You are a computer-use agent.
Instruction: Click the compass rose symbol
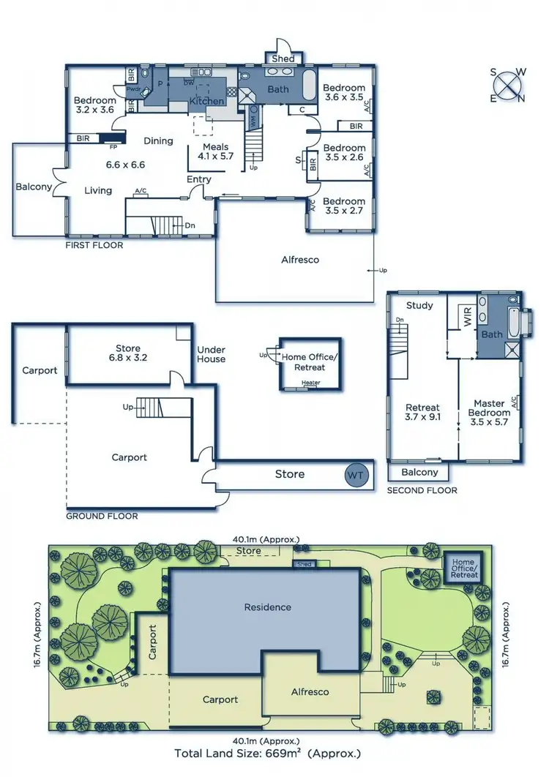point(507,85)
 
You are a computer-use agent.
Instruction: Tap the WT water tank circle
point(356,475)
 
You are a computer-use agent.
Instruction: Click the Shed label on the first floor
point(283,59)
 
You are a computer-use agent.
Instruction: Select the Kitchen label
point(206,101)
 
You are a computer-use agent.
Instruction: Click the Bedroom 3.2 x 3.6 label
point(94,105)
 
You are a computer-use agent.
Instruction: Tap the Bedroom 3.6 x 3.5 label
point(344,92)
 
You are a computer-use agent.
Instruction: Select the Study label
point(419,305)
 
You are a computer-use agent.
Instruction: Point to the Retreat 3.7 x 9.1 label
point(422,413)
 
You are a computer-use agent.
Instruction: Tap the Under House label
point(211,354)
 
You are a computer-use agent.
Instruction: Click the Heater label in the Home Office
point(311,383)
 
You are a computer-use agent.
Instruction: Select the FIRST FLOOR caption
point(94,246)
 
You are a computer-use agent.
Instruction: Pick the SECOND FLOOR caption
point(422,490)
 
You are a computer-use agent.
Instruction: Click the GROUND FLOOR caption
point(102,516)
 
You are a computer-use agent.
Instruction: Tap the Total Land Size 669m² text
point(267,752)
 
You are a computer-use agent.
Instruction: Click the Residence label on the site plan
point(267,607)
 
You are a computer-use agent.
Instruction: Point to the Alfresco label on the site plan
point(310,691)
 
